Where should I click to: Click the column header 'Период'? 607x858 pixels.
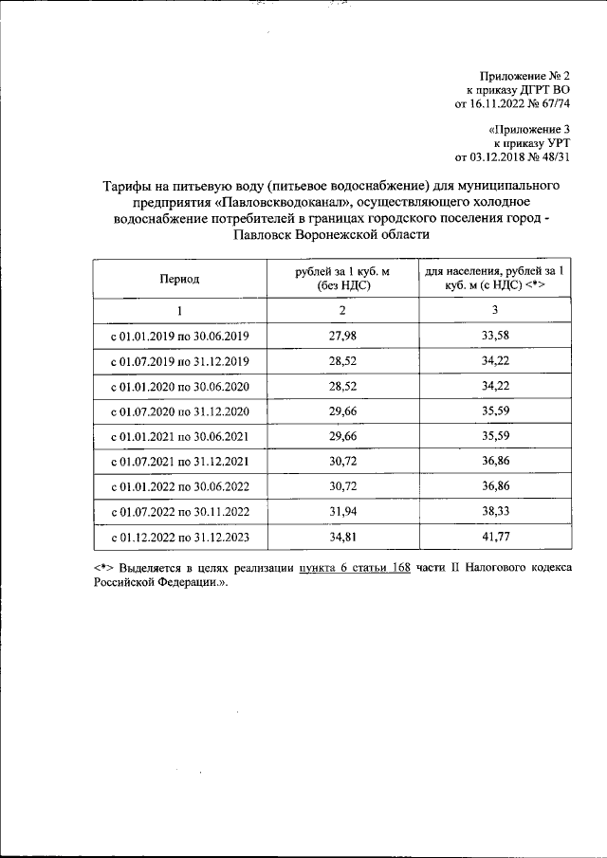(x=179, y=279)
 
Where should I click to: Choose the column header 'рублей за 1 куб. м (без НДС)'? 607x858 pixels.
(x=343, y=278)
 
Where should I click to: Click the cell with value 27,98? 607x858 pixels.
(x=343, y=336)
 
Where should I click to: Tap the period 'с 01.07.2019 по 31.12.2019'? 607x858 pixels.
(x=179, y=361)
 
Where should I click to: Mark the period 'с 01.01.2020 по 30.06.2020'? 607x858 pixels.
(x=179, y=387)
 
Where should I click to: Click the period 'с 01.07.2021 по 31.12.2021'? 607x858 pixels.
(x=179, y=463)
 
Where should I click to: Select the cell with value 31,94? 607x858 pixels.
(x=343, y=513)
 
